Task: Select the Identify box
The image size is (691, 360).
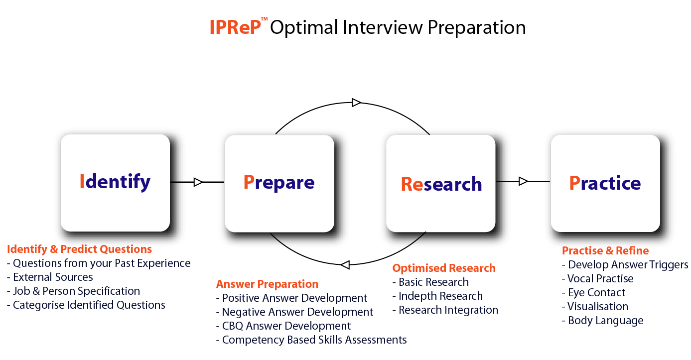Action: (x=116, y=183)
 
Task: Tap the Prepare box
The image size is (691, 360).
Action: (x=279, y=183)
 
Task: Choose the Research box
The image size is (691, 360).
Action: (x=441, y=183)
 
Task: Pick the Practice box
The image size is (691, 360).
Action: (x=605, y=183)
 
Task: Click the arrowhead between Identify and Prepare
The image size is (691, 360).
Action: (x=198, y=182)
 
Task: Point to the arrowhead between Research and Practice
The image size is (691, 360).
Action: (x=523, y=181)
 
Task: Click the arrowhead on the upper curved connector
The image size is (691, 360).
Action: (x=356, y=103)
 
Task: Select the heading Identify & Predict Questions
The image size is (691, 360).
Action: (x=79, y=249)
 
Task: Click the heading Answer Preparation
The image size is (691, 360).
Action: (x=267, y=284)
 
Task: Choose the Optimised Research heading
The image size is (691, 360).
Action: (x=444, y=268)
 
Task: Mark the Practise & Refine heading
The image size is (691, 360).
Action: (x=605, y=250)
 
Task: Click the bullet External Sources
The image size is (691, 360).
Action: (x=50, y=277)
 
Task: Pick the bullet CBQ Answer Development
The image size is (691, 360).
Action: (x=283, y=326)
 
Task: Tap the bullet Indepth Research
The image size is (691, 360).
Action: (x=437, y=296)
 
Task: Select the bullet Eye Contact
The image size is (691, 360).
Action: (x=593, y=292)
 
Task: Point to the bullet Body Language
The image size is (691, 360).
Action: (x=602, y=321)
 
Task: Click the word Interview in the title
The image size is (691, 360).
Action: (x=383, y=27)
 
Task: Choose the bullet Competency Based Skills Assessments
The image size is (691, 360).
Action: (x=311, y=340)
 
